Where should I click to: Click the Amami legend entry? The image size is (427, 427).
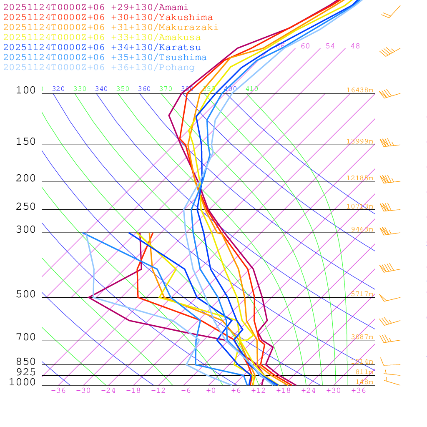pos(96,8)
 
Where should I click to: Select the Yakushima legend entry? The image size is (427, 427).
pos(108,18)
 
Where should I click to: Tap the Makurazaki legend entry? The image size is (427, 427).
pos(111,28)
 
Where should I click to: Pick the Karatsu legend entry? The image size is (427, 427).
pos(102,48)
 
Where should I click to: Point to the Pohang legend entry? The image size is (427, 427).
pos(99,68)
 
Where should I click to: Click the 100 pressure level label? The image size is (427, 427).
pos(26,90)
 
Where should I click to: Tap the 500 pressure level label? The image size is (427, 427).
pos(26,295)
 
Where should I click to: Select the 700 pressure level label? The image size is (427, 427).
pos(26,337)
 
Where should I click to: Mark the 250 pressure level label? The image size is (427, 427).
pos(26,207)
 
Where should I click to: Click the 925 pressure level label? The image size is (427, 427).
pos(26,372)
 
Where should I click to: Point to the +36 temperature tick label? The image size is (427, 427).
pos(359,391)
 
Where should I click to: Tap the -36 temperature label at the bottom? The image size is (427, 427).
pos(58,391)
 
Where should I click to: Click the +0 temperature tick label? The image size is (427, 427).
pos(211,391)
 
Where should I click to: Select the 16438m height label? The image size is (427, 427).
pos(359,90)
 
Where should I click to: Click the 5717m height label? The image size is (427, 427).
pos(362,294)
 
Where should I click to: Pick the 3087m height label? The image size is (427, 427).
pos(362,337)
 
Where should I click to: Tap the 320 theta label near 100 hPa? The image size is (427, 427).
pos(58,89)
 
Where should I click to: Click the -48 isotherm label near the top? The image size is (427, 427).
pos(352,46)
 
